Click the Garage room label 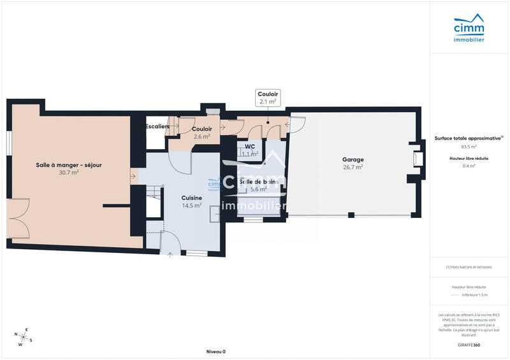point(353,160)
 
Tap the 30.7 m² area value point(69,172)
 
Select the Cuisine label point(192,198)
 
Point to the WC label point(250,146)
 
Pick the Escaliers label point(157,127)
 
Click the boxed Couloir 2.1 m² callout point(268,97)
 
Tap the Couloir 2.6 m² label point(202,133)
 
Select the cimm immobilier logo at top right point(469,30)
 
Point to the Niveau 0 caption point(215,352)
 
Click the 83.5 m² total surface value point(469,147)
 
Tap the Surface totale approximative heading point(469,138)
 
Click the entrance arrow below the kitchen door point(170,256)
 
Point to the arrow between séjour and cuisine point(133,175)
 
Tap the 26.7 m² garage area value point(353,168)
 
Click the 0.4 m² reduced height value point(469,166)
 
